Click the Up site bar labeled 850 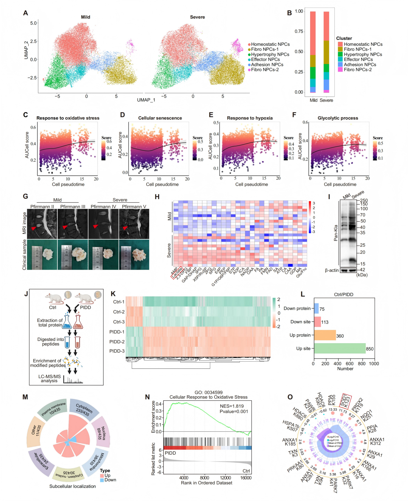(x=339, y=348)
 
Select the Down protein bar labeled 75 (x=316, y=308)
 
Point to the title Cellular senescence (x=160, y=118)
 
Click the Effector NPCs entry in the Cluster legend (x=358, y=60)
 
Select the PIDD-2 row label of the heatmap (x=117, y=342)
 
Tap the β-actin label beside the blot (x=332, y=270)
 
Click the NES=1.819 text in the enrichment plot (x=232, y=406)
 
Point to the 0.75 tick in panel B (x=299, y=32)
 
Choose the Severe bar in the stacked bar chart (x=326, y=52)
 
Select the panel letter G (x=25, y=196)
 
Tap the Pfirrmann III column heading (x=73, y=206)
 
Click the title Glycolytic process (x=338, y=118)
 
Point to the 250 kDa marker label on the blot (x=364, y=200)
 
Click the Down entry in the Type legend (x=110, y=480)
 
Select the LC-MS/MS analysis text (x=49, y=379)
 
